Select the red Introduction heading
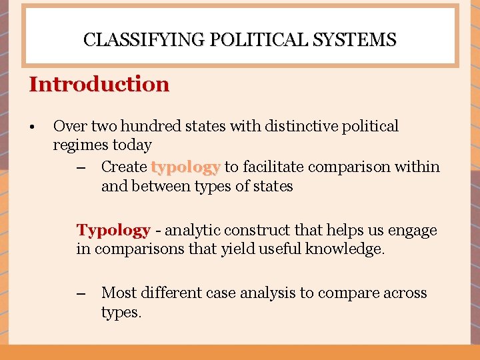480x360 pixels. (99, 85)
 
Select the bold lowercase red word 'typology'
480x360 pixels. (185, 167)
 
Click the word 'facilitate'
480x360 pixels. (277, 167)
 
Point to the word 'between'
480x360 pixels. (161, 187)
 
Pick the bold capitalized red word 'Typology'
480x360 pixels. (113, 231)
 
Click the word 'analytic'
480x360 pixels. (194, 231)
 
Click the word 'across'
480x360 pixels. (404, 293)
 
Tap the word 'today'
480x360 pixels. (132, 145)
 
